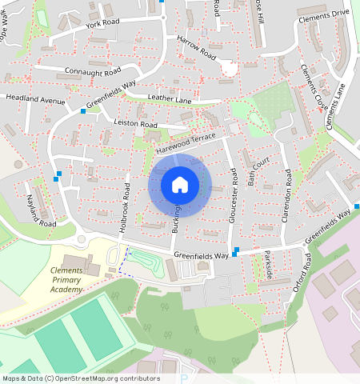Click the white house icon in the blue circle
click(x=180, y=185)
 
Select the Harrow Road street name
click(x=197, y=49)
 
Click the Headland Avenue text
click(x=34, y=100)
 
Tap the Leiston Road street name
click(x=136, y=125)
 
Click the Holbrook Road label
click(x=126, y=207)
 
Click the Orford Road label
click(x=301, y=272)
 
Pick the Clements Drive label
click(x=323, y=14)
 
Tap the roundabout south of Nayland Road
click(x=81, y=238)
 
